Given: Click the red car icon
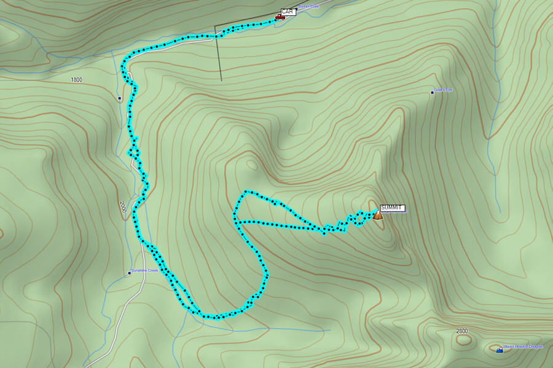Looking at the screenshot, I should [280, 17].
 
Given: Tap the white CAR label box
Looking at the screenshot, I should [287, 12].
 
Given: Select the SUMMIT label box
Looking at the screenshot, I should [392, 208].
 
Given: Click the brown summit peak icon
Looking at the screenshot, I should [378, 215].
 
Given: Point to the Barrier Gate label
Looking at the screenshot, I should [309, 7].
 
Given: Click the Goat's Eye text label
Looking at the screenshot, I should [443, 90].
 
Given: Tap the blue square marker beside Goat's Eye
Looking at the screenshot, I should [432, 93].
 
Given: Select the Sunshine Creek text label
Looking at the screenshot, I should [145, 270].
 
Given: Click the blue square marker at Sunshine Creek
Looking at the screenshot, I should [130, 273].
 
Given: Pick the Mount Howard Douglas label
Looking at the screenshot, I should [523, 346].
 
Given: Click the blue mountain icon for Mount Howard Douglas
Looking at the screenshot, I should [500, 350].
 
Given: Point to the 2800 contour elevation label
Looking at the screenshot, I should [462, 331].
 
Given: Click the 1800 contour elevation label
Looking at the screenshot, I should [76, 80].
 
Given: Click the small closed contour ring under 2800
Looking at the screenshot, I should [464, 339].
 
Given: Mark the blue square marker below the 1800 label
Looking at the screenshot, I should [119, 98].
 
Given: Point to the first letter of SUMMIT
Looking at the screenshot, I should [383, 208].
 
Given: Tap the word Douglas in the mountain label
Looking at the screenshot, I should [534, 346].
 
